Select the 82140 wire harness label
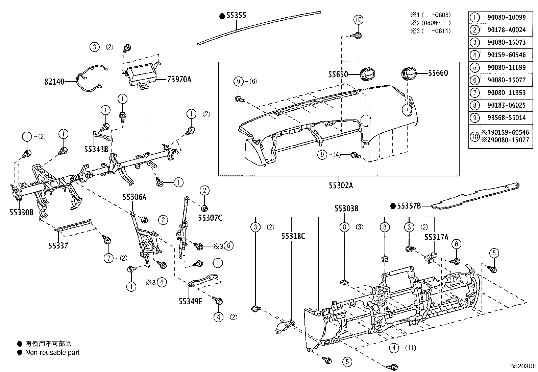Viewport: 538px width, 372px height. [54, 82]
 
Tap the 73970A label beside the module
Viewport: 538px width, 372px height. [179, 80]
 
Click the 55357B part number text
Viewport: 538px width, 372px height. [409, 206]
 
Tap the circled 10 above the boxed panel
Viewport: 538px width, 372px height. [359, 20]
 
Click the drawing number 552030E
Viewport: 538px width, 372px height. [523, 366]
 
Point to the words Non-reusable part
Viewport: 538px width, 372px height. [52, 352]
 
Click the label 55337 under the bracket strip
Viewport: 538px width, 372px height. [58, 246]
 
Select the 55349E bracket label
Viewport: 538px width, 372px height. [191, 301]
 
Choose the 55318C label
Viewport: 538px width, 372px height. [293, 236]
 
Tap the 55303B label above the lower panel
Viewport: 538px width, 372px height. [346, 209]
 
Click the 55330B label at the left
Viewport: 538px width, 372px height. [21, 212]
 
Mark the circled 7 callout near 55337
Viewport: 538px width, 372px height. [108, 258]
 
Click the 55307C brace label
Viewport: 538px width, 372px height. [210, 218]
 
